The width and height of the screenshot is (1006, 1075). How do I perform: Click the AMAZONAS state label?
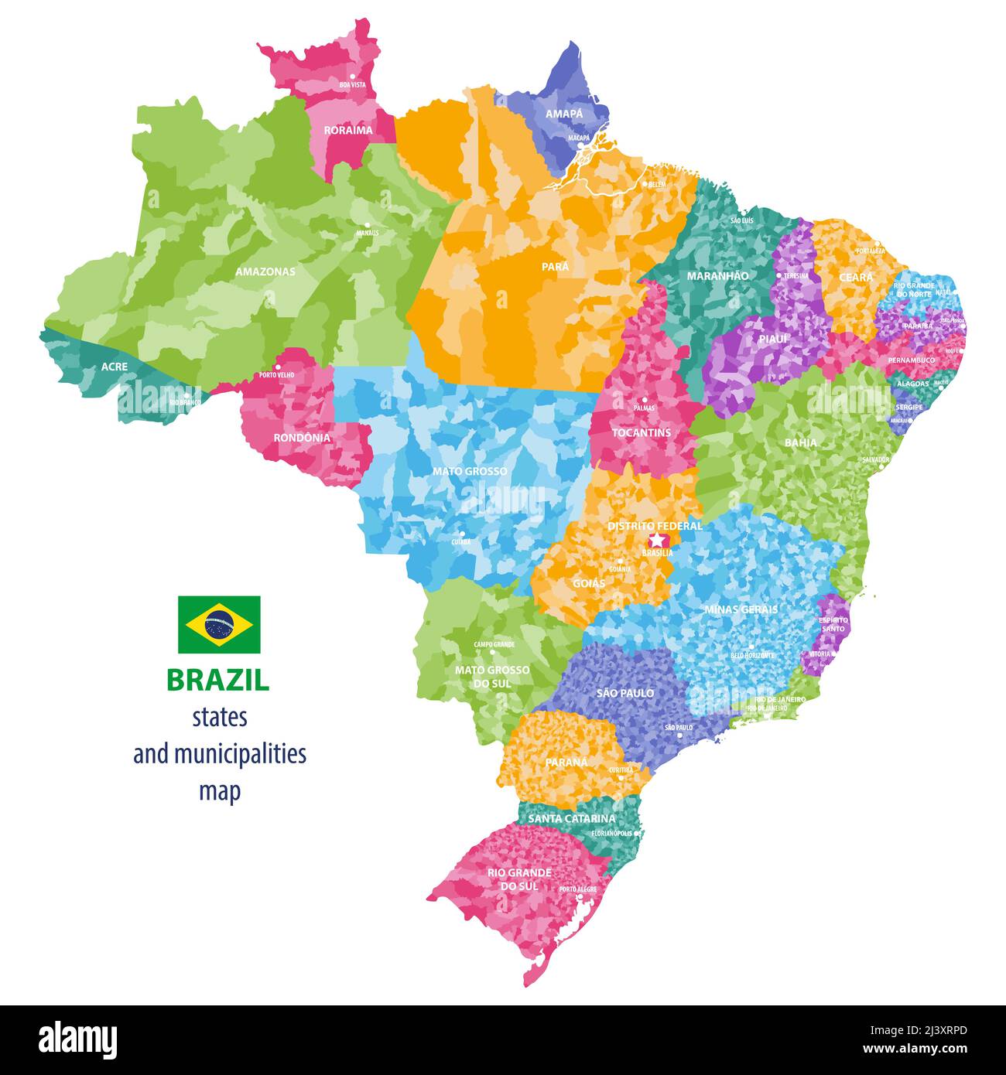tap(265, 272)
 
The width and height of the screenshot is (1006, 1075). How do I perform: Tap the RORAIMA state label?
tap(348, 130)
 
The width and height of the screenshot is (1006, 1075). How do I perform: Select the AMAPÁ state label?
tap(564, 114)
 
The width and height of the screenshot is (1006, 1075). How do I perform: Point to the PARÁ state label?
tap(555, 266)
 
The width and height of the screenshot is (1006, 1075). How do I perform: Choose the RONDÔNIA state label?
tap(302, 438)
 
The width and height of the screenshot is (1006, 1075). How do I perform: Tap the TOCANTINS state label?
tap(641, 432)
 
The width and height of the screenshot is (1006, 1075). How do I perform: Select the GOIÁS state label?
tap(589, 583)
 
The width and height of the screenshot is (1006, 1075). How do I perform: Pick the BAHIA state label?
tap(800, 443)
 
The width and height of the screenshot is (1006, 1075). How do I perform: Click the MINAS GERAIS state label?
tap(741, 609)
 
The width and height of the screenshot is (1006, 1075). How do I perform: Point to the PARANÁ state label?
tap(566, 762)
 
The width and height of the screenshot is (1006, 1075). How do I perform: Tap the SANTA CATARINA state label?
tap(572, 818)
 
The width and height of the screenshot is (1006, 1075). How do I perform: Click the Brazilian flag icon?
tap(219, 624)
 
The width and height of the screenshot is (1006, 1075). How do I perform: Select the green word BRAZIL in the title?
tap(218, 680)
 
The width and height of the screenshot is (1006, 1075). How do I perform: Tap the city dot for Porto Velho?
tap(276, 368)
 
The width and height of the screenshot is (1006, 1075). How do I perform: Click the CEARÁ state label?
tap(856, 277)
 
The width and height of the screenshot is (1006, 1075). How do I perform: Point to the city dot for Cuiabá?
tap(463, 533)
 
